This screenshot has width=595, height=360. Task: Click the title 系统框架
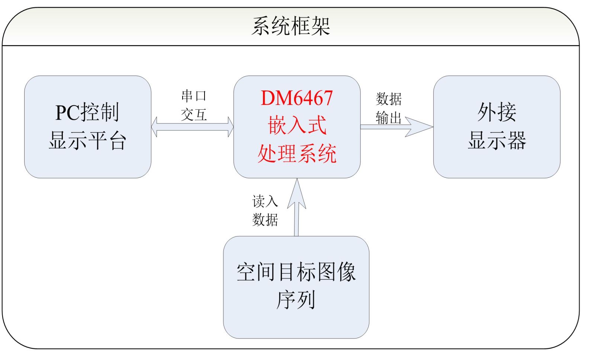[290, 26]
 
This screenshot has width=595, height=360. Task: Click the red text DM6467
[297, 98]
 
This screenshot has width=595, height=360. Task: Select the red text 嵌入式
[297, 125]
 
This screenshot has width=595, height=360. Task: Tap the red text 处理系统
[297, 154]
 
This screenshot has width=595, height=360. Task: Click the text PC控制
[87, 112]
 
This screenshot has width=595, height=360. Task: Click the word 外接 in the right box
[497, 112]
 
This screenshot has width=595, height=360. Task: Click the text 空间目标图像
[296, 272]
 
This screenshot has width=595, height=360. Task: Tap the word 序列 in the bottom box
[296, 300]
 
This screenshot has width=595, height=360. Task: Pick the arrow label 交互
[194, 115]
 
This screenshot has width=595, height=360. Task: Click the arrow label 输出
[388, 118]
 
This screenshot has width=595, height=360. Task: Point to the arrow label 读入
[265, 201]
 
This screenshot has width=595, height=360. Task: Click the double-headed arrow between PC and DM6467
[192, 127]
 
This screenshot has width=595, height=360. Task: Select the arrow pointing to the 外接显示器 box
[397, 127]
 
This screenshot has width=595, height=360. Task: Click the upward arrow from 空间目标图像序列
[297, 207]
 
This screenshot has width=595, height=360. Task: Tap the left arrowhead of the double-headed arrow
[154, 127]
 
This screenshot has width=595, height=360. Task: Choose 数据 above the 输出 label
[389, 99]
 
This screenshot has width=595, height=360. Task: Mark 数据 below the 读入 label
[265, 220]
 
